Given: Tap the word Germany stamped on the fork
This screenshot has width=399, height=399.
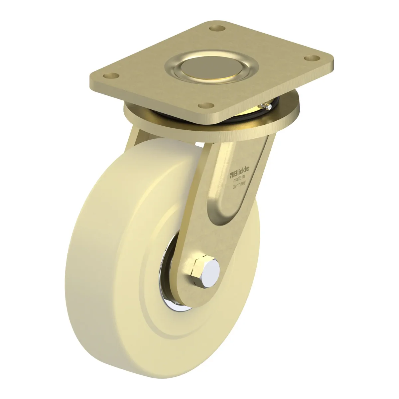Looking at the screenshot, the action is point(239,185).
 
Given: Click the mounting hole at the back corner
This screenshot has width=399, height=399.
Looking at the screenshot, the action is point(217,28).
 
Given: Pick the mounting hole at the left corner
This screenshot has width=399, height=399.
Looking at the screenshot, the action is point(111,76).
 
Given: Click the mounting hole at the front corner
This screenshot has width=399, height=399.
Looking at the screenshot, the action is point(206,105).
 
